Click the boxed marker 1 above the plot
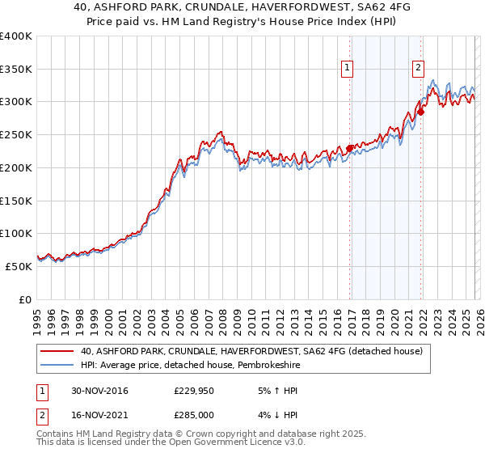click(348, 69)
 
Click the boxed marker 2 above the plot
click(419, 69)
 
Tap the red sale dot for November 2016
click(350, 148)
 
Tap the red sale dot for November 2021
click(421, 112)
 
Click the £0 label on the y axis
click(25, 299)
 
